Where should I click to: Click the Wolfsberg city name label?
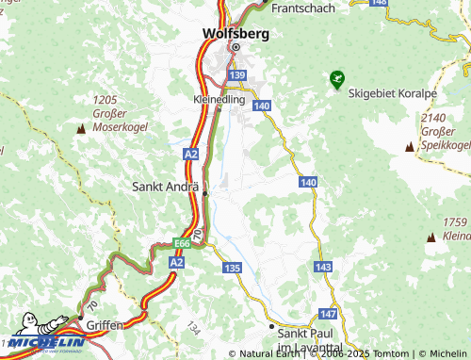point(235,32)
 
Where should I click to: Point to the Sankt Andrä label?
point(167,187)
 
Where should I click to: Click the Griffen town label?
point(104,325)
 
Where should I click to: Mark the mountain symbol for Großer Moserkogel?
point(79,126)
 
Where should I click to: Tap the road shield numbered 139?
point(236,74)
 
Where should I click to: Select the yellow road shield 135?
point(233,269)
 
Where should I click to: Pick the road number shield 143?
point(323,269)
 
